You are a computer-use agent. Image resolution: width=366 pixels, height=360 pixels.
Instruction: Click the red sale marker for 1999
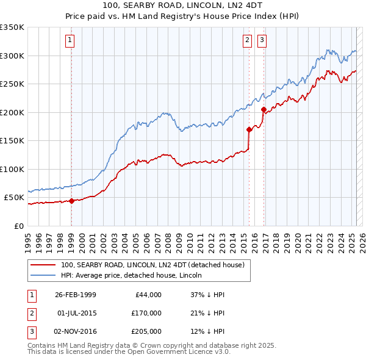[x=71, y=201]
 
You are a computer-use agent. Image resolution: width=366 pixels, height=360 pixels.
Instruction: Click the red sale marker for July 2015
[x=249, y=129]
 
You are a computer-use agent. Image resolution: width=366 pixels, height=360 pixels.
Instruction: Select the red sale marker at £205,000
[x=264, y=110]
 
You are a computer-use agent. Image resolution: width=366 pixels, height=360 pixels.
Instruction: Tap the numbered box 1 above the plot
[x=71, y=41]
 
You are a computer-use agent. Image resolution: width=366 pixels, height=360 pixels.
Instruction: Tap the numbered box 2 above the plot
[x=247, y=41]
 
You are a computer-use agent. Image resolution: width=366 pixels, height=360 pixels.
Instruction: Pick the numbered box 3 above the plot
[x=262, y=41]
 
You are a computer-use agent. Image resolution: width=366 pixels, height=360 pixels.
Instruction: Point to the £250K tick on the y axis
[x=13, y=84]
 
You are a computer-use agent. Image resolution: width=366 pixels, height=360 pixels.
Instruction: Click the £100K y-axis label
[x=13, y=169]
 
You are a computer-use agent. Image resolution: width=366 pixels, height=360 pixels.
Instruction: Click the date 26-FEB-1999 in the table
[x=76, y=295]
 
